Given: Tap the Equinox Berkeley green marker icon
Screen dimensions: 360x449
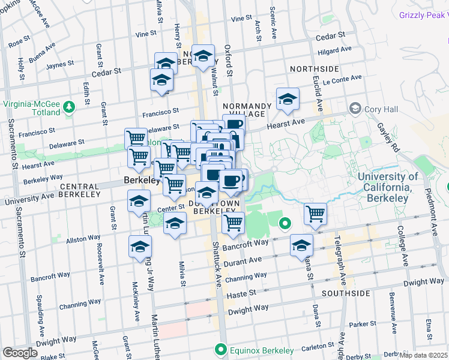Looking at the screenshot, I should [221, 350].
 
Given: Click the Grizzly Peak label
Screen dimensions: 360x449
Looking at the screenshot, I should [424, 14].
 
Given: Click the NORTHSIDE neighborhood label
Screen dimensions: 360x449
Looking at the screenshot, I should [314, 69].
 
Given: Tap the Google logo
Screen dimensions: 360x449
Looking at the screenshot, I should [20, 353].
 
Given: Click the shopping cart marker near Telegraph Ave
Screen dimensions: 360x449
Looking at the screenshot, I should [315, 214].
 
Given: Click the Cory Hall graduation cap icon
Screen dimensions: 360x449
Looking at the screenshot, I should [355, 108].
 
